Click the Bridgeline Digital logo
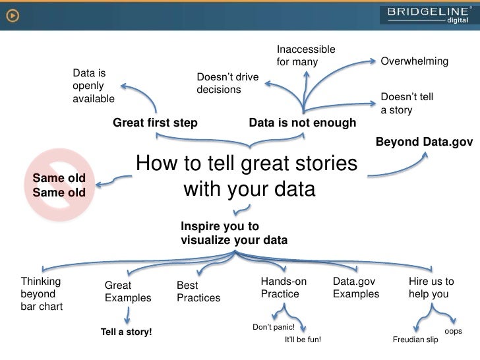[x=428, y=14]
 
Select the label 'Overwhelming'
[x=415, y=61]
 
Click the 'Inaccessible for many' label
[x=305, y=56]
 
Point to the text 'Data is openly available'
[x=93, y=86]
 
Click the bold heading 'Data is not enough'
[x=302, y=123]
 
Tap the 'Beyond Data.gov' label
[x=424, y=141]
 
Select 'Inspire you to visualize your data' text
[x=233, y=233]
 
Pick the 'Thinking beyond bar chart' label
[x=42, y=294]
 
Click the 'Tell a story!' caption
[x=126, y=332]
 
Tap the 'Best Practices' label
[x=198, y=292]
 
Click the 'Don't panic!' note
[x=274, y=327]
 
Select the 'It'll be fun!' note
[x=303, y=340]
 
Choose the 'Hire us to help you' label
[x=431, y=287]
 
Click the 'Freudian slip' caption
[x=415, y=340]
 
